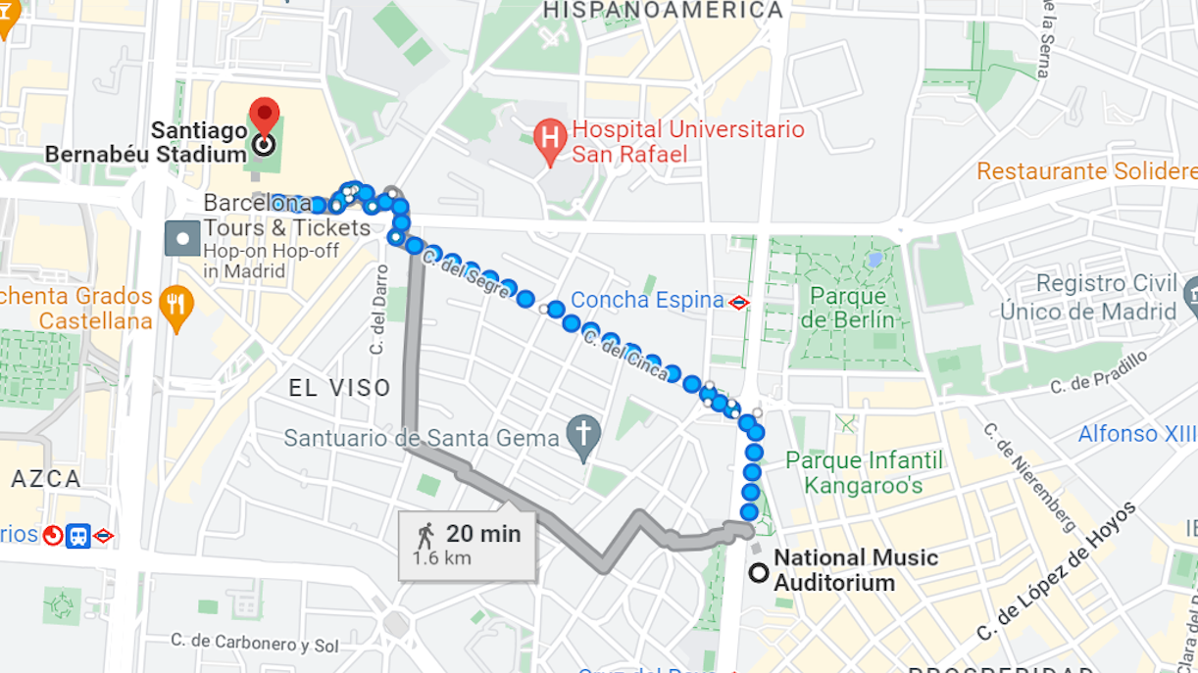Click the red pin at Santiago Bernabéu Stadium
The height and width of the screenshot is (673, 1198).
coord(264,117)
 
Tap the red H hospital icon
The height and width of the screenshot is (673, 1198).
coord(550,143)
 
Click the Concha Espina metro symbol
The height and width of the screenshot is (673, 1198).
coord(739,303)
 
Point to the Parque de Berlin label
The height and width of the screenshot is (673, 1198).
coord(849,308)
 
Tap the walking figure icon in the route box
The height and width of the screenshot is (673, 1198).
coord(425,535)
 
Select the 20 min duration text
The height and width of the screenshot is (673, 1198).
coord(483,534)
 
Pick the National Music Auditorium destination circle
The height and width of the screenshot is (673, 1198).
coord(758,573)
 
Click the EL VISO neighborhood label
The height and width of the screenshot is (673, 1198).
coord(340,388)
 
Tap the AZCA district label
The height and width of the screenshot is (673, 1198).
coord(46,479)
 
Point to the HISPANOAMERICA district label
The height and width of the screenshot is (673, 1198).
coord(663,10)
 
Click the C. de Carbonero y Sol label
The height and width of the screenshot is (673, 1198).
coord(254,644)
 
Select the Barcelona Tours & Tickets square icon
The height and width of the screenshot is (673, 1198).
coord(182,238)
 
